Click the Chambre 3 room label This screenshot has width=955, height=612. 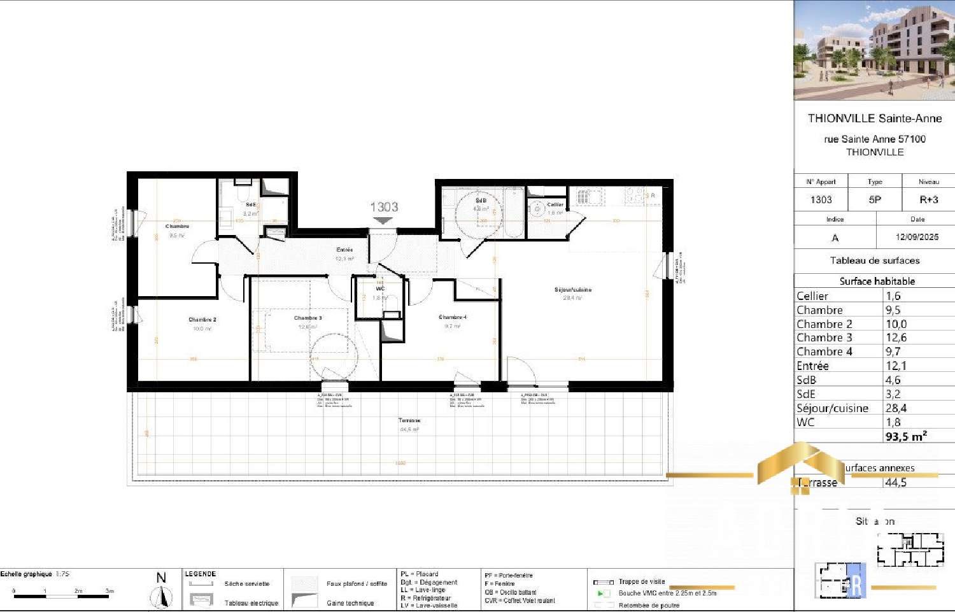coord(308,318)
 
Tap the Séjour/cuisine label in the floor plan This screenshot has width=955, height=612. coord(572,290)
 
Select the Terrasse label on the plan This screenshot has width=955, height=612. coord(409,420)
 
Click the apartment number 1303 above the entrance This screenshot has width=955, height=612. coord(384,207)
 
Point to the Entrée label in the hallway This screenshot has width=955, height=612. coord(344,250)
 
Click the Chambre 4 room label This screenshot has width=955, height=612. coord(453,317)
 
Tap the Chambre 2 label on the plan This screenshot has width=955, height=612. coord(202,320)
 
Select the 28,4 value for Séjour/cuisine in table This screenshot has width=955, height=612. coord(896,408)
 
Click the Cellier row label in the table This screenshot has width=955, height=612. coord(812,296)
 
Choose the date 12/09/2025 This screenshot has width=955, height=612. coord(917,237)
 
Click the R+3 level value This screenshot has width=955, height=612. coord(928,200)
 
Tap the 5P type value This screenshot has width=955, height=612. coord(875,200)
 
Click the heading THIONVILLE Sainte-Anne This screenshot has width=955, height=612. coord(875,118)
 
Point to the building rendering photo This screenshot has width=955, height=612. coord(874,50)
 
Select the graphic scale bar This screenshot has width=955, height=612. coord(62,597)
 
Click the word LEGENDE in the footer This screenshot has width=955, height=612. coord(201,574)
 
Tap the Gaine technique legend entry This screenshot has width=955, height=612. coord(350,602)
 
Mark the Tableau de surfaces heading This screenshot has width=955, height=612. coord(875,260)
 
